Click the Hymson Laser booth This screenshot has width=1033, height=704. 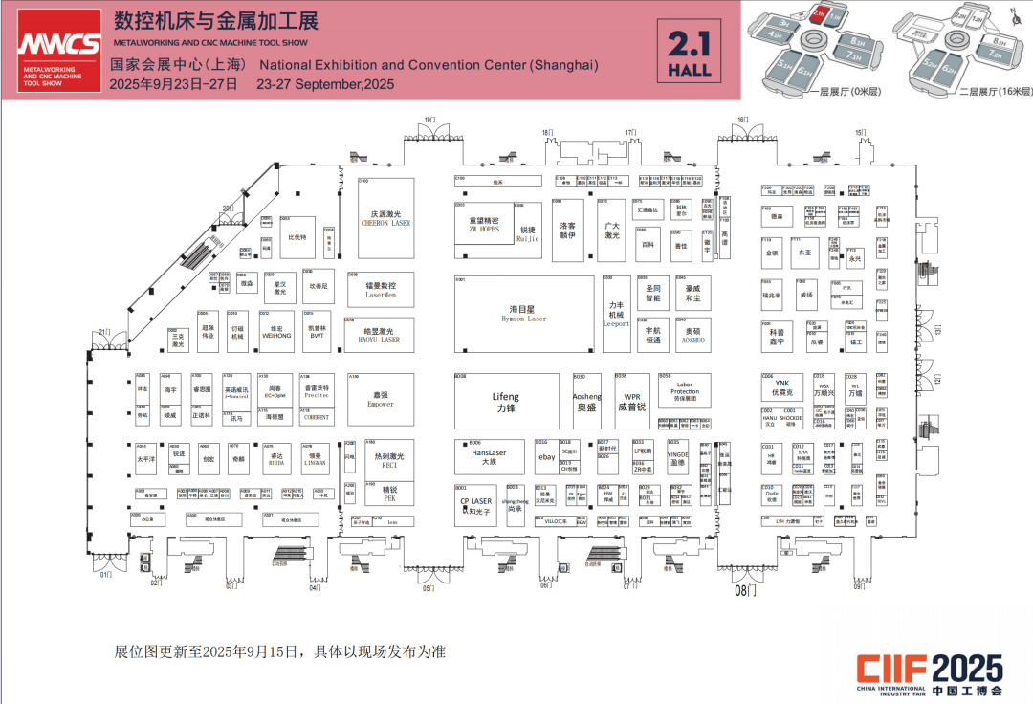coord(521,313)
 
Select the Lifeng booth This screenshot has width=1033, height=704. coord(505,401)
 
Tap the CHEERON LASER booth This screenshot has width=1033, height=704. coord(385,217)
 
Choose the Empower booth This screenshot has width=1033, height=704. coord(381,398)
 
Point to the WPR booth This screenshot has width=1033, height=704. coord(632,401)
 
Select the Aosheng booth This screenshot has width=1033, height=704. coord(586,401)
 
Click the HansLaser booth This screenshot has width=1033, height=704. coord(489,457)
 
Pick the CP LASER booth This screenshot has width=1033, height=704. coord(475,505)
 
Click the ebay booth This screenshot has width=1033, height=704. coord(545,457)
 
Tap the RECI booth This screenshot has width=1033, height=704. coord(389,460)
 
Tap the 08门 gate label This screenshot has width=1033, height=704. coord(745,591)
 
